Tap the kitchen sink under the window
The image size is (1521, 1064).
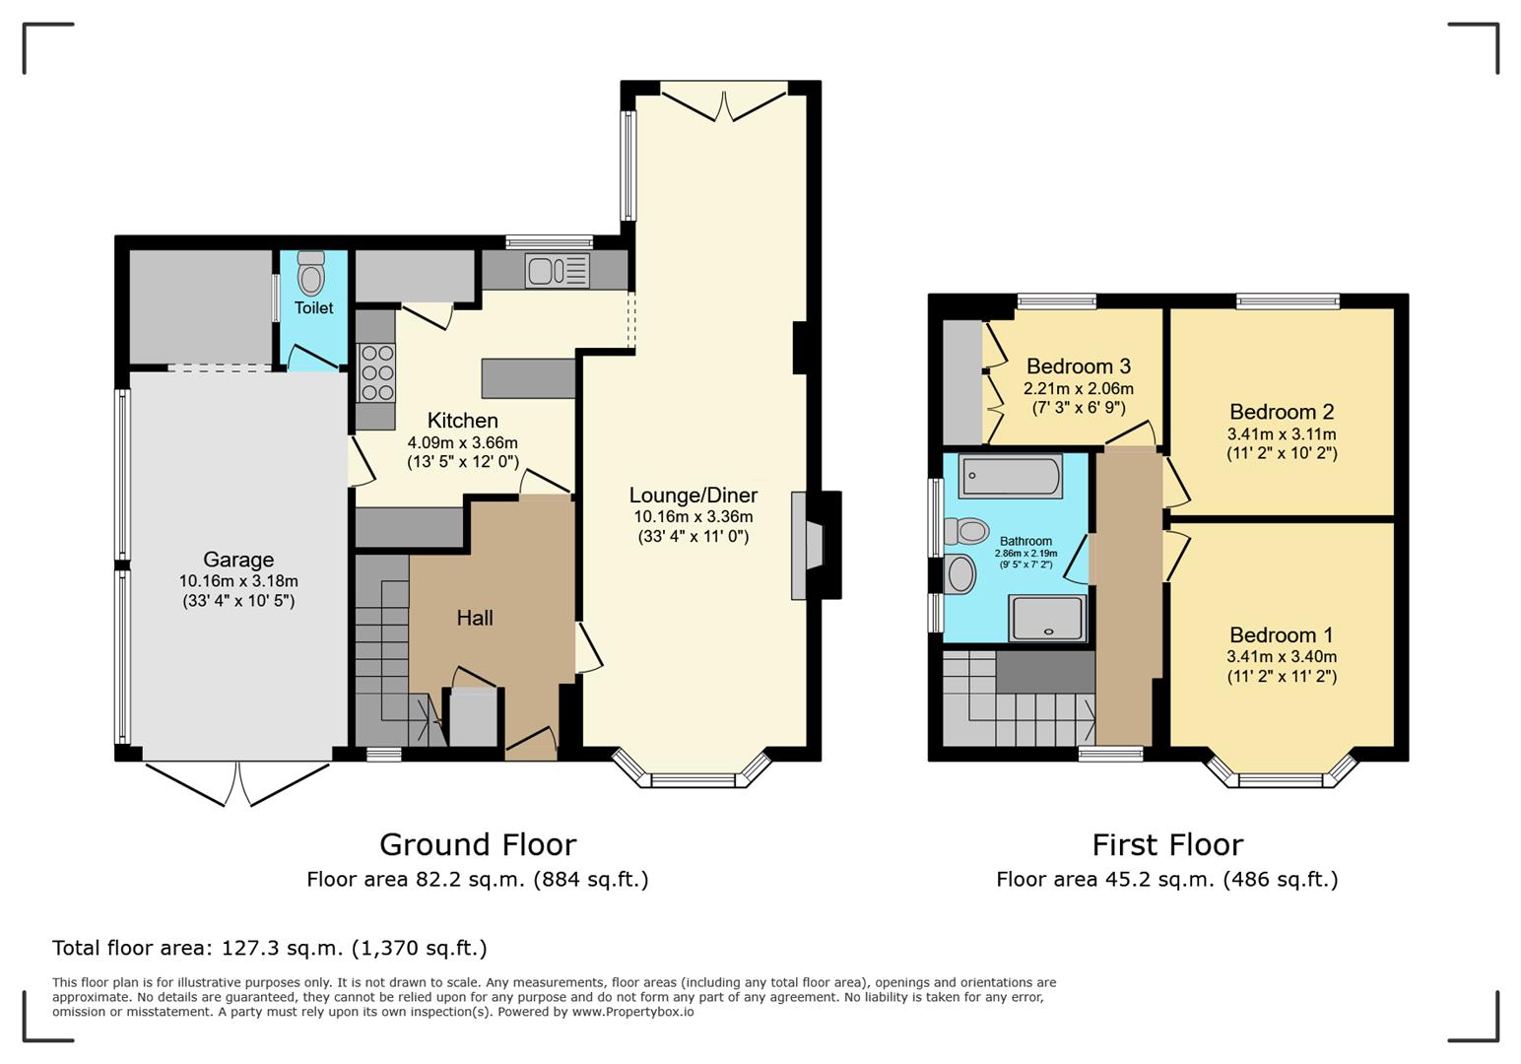(x=557, y=270)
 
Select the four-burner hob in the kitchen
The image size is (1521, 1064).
(x=376, y=372)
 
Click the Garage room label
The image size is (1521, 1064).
(x=238, y=560)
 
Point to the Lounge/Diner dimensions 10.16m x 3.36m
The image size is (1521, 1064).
(x=693, y=516)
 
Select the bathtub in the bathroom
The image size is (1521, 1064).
(x=1010, y=477)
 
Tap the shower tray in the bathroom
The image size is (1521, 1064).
(x=1046, y=619)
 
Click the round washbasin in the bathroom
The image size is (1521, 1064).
(x=959, y=574)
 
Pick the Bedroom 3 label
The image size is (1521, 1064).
(x=1078, y=366)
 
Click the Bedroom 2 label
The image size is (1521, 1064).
(x=1281, y=412)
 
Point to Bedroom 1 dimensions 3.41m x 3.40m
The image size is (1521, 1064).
(x=1281, y=657)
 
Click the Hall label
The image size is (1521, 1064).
(x=475, y=618)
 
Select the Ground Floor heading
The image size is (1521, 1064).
(x=478, y=844)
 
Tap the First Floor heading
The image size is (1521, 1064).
(x=1167, y=844)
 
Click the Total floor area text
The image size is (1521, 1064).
(x=269, y=948)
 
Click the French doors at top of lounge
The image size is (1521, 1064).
(x=724, y=103)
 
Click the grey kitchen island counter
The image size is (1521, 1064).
(x=528, y=378)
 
